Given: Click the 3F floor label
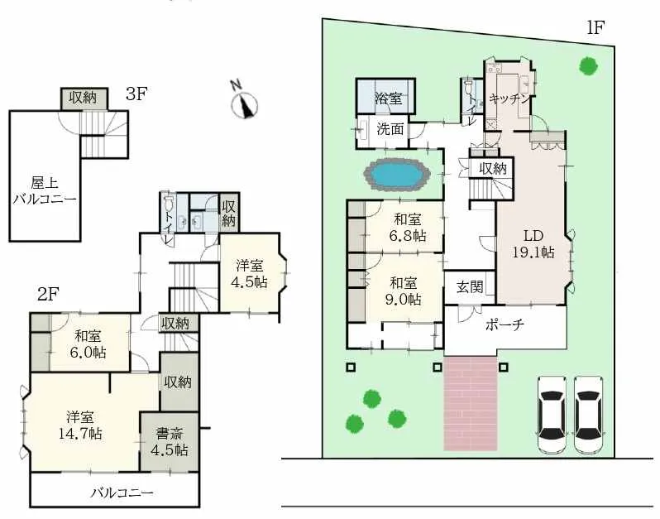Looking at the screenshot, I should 136,94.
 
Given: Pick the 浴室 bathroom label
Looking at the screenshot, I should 388,99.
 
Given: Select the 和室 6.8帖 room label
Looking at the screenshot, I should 409,228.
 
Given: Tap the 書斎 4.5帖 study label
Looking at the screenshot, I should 169,441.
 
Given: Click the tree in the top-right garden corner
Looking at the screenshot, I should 588,65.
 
